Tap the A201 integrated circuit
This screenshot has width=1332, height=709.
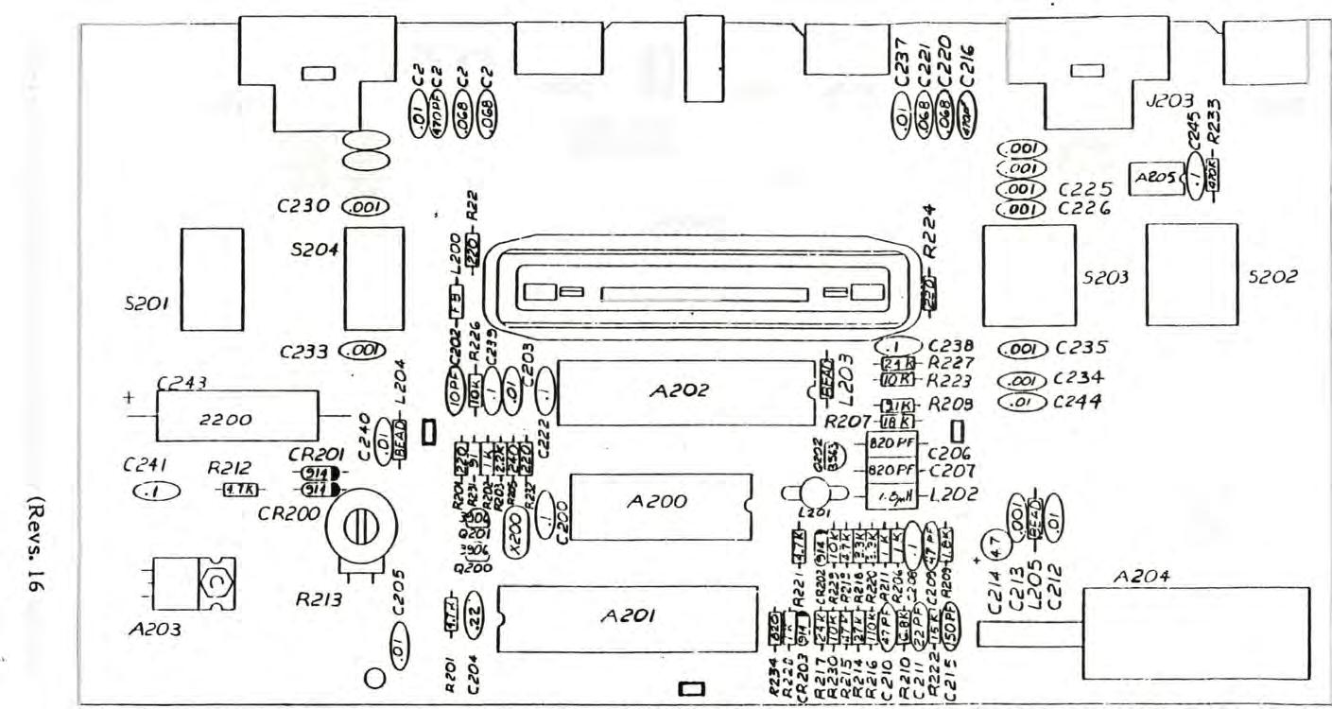tap(629, 618)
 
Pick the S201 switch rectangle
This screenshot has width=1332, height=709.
tap(212, 280)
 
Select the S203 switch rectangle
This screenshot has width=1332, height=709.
tap(1029, 274)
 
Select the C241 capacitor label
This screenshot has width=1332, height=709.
tap(145, 465)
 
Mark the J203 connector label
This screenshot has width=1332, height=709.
tap(1168, 127)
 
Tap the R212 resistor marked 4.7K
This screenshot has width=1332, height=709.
tap(232, 490)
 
